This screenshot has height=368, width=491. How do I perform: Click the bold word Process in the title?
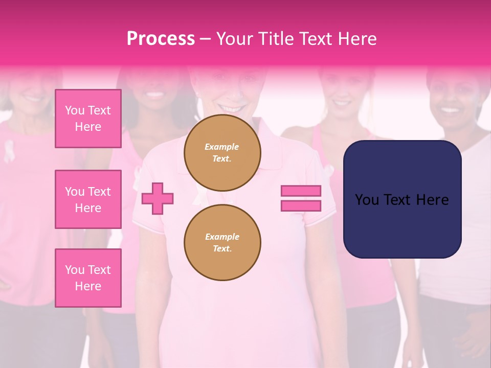pos(161,39)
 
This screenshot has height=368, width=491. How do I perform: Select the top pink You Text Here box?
pos(88,119)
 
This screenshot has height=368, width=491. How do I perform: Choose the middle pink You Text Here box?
pos(88,199)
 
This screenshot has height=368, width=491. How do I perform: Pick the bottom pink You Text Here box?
pos(88,278)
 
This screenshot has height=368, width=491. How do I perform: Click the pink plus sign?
pos(158,198)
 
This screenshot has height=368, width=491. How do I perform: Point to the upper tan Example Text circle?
pos(222,153)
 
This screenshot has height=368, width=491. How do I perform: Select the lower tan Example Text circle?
pos(222,243)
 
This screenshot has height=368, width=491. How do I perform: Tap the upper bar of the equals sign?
pos(301,191)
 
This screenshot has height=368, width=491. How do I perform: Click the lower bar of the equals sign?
pos(301,205)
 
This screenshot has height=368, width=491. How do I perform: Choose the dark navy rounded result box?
pos(402,199)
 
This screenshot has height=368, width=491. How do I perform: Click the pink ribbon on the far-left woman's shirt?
pos(9,152)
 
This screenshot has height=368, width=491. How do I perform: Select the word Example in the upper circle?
pos(222,147)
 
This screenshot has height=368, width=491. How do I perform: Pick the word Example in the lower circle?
pos(222,237)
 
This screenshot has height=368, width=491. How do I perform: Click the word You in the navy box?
pos(367,200)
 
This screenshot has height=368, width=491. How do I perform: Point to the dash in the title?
pos(206,39)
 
